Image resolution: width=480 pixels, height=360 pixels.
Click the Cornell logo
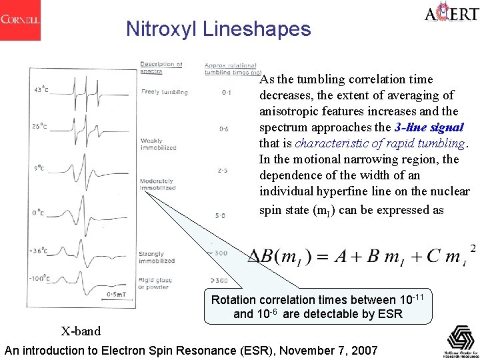coord(20,20)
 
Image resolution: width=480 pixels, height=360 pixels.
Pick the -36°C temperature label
coord(39,251)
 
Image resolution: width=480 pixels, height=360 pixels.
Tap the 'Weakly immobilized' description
coord(158,144)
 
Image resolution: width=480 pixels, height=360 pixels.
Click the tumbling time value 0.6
coord(223,129)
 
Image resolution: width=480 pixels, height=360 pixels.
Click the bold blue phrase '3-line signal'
coord(429,127)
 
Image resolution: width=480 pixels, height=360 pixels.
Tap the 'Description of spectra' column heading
coord(161,67)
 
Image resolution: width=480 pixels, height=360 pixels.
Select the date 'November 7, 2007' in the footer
coord(329,351)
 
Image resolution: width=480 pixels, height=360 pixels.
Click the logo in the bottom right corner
coord(461,341)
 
